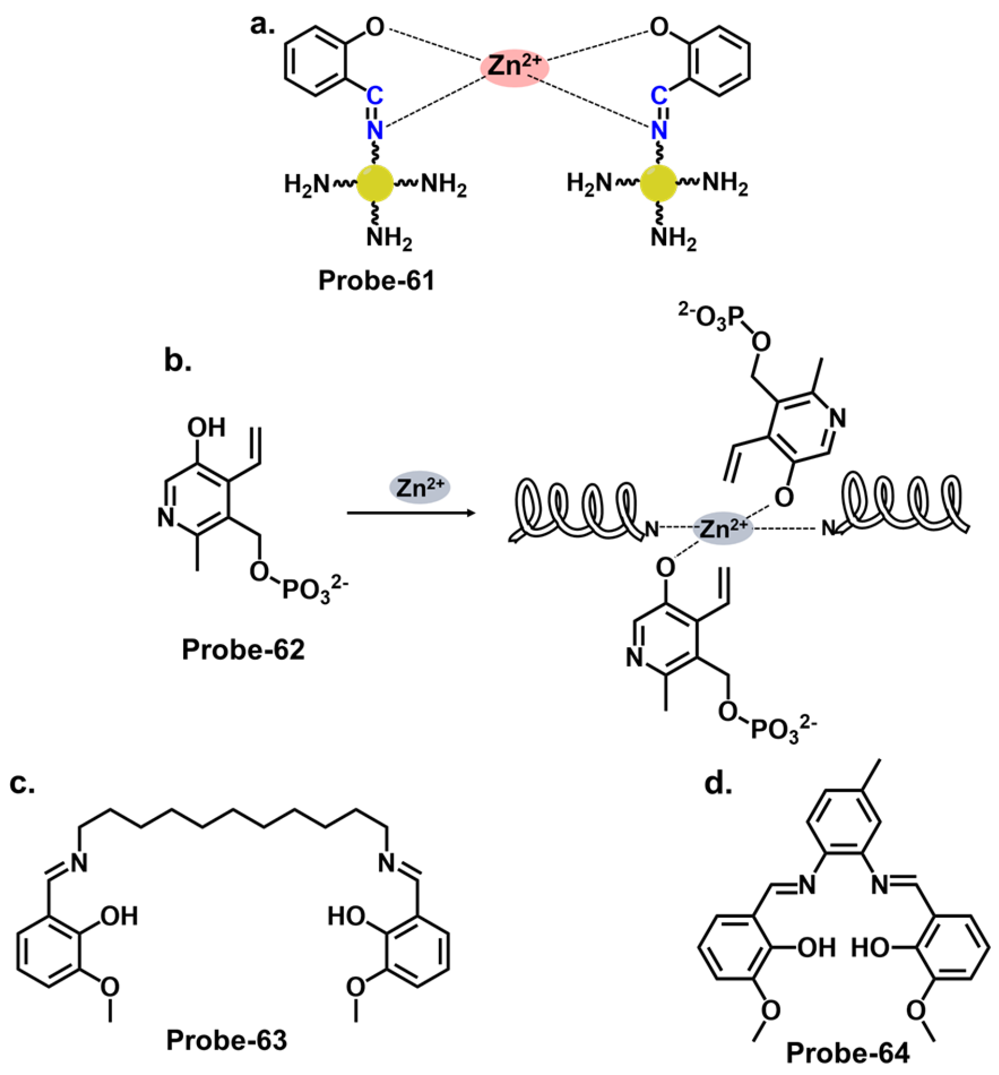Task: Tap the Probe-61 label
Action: (x=376, y=281)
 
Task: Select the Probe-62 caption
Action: (x=243, y=649)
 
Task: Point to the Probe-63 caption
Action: (x=227, y=1040)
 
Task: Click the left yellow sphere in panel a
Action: (x=375, y=184)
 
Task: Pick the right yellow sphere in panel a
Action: (x=659, y=184)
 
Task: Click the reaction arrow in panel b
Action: (x=411, y=513)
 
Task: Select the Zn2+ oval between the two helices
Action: (x=723, y=528)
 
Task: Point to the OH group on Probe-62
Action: (x=206, y=428)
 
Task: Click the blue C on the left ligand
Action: (x=375, y=97)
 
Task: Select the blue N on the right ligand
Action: (x=659, y=131)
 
